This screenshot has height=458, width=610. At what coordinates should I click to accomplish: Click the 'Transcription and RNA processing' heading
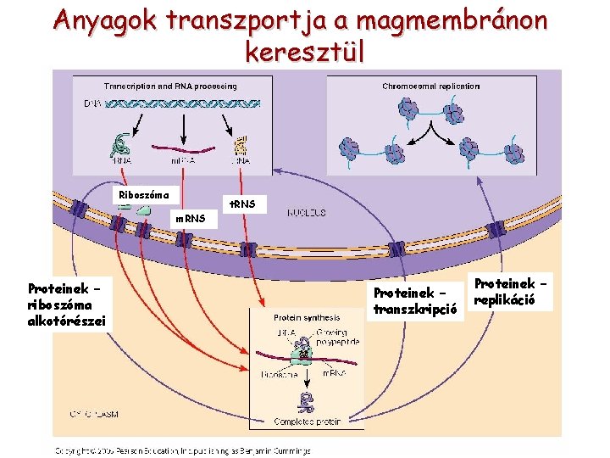point(170,86)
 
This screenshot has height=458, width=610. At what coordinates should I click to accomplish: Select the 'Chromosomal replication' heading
point(430,86)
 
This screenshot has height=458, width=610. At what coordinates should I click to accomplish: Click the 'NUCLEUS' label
point(307,212)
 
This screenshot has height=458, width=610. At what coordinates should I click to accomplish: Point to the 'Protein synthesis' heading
point(306,317)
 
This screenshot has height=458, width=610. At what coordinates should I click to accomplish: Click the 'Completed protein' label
point(307,422)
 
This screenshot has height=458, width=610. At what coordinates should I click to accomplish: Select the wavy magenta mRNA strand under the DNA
point(184,153)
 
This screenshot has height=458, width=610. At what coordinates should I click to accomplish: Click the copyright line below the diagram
point(183,450)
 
